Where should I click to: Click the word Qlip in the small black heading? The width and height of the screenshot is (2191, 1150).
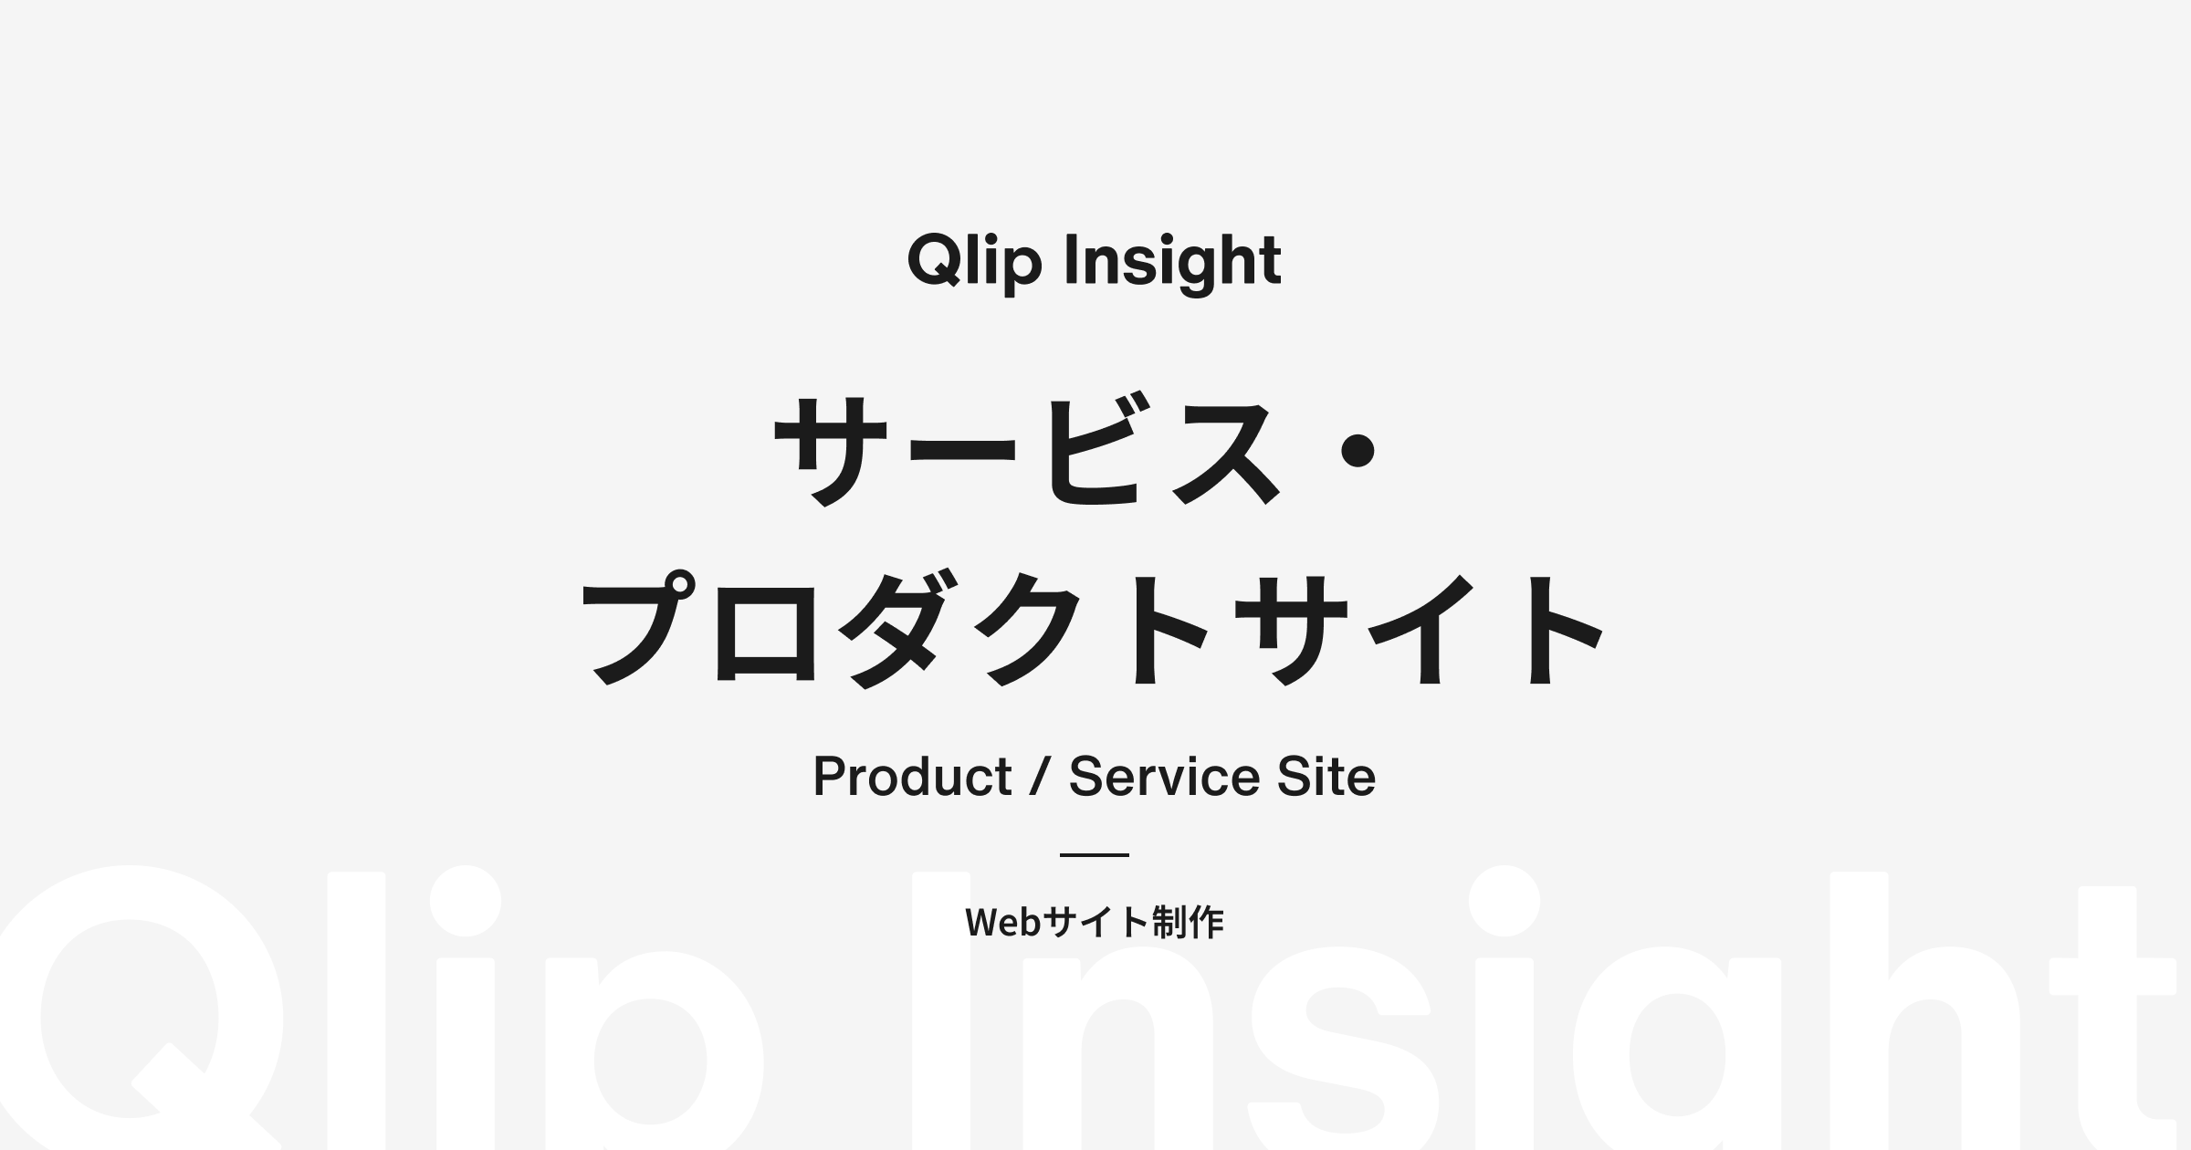(974, 263)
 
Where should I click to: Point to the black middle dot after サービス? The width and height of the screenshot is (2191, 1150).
(1358, 451)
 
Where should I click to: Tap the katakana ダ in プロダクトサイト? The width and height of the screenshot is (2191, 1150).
(898, 630)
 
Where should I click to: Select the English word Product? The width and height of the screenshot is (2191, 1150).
(912, 777)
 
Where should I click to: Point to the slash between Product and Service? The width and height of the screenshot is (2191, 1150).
(1040, 777)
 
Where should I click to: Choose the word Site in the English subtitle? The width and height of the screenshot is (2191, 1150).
(1326, 777)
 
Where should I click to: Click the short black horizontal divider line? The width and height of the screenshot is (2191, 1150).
(1095, 855)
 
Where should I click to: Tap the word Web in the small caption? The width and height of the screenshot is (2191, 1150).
(1003, 923)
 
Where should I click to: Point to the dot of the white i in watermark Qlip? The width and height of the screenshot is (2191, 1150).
(466, 901)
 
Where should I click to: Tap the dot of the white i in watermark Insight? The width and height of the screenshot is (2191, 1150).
(1504, 901)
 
